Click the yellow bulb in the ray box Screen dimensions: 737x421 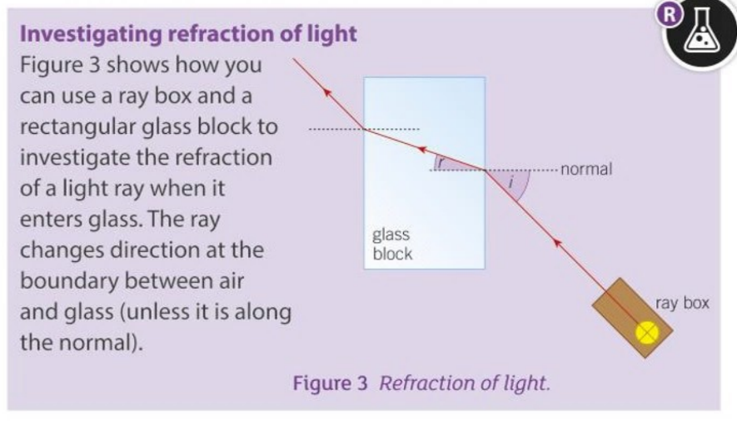pyautogui.click(x=648, y=333)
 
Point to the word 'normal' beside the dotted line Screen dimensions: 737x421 pyautogui.click(x=587, y=170)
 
